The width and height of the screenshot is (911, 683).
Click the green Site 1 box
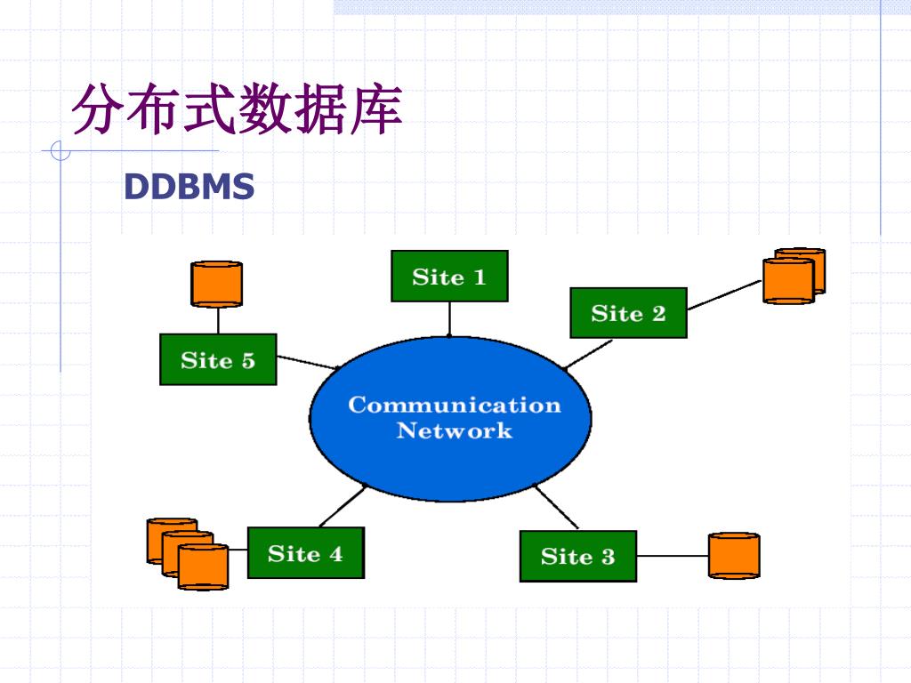449,276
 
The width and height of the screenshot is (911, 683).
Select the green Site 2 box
629,313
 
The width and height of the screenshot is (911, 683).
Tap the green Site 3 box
578,556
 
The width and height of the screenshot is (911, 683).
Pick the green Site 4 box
306,553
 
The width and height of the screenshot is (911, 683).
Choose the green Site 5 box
218,359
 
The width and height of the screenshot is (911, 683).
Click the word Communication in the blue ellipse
455,405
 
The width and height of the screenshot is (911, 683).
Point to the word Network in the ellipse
455,430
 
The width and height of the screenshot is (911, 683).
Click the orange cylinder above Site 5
217,284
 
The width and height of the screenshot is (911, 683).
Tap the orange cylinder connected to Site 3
734,556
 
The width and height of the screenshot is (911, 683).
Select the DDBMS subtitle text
189,187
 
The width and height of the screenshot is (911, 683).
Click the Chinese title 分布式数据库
237,109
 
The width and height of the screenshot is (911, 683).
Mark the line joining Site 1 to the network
449,319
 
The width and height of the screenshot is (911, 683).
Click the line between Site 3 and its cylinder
673,556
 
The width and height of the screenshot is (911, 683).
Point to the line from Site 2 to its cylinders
724,295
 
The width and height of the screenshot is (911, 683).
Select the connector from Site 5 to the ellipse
307,363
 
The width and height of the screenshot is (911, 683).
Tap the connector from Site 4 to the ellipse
343,506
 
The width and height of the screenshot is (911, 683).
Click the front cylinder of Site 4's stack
203,566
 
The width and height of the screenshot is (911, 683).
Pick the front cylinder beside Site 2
788,281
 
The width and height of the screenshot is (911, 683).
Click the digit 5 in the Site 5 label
248,361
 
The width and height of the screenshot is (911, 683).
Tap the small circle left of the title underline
60,150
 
